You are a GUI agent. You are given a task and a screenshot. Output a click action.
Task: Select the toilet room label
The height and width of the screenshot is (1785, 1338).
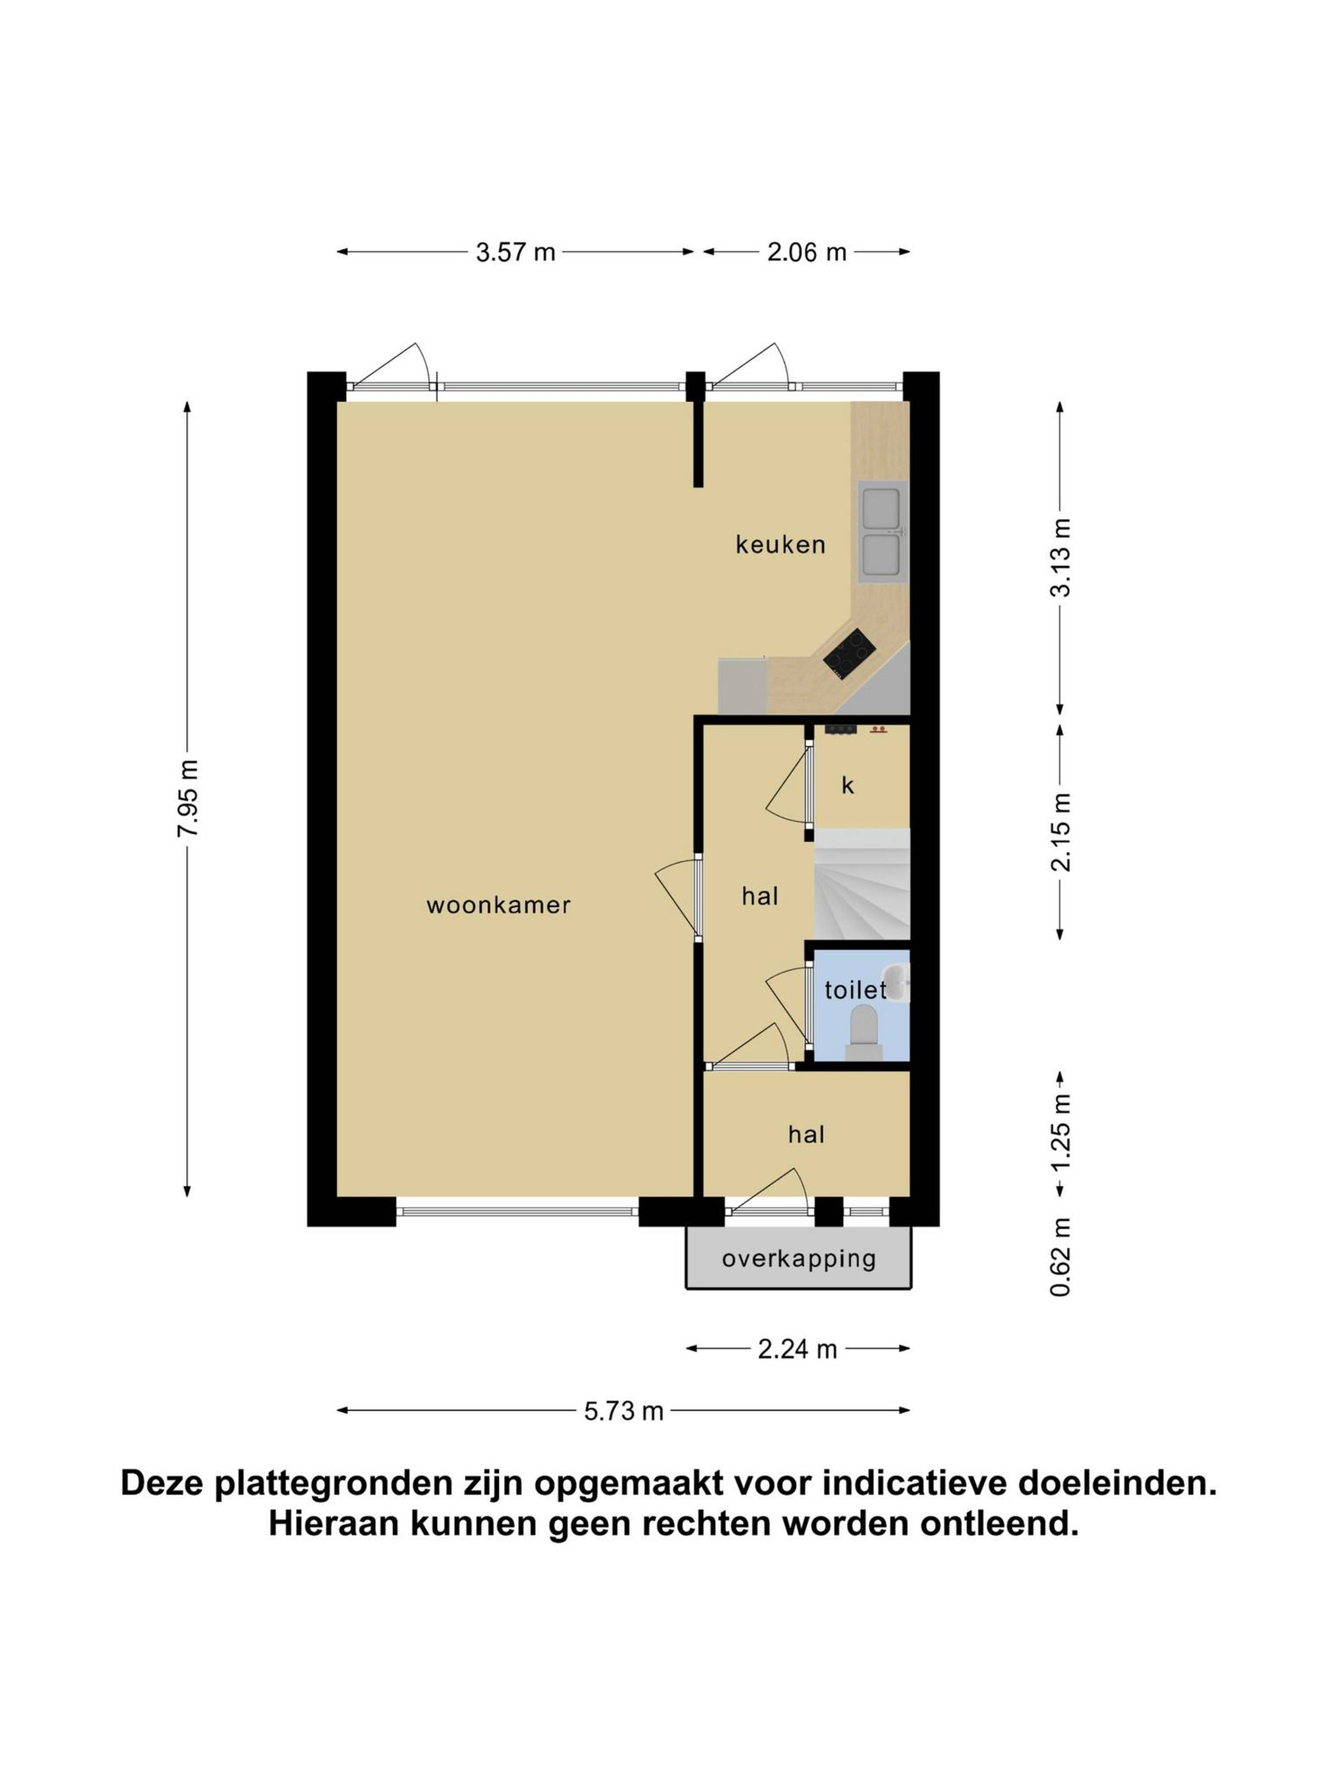coord(855,990)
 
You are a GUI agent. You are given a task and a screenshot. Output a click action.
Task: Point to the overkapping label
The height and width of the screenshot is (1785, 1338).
coord(799,1259)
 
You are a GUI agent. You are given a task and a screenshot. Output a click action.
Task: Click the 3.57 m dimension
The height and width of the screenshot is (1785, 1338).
coord(515,252)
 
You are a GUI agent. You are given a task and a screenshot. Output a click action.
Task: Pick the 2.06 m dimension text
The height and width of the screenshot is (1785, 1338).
coord(807,252)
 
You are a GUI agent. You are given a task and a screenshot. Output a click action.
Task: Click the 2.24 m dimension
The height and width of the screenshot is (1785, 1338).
coord(797,1349)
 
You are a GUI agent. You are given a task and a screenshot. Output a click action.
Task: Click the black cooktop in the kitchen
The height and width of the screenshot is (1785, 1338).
coord(849,654)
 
